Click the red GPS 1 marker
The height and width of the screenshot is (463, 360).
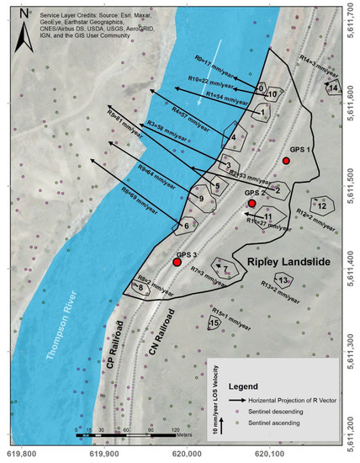[x=287, y=161]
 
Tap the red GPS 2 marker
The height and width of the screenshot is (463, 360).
[x=251, y=204]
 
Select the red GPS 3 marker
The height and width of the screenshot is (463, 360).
[x=177, y=263]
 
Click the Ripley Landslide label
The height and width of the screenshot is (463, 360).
[x=286, y=263]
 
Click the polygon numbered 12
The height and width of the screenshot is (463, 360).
[x=321, y=205]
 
